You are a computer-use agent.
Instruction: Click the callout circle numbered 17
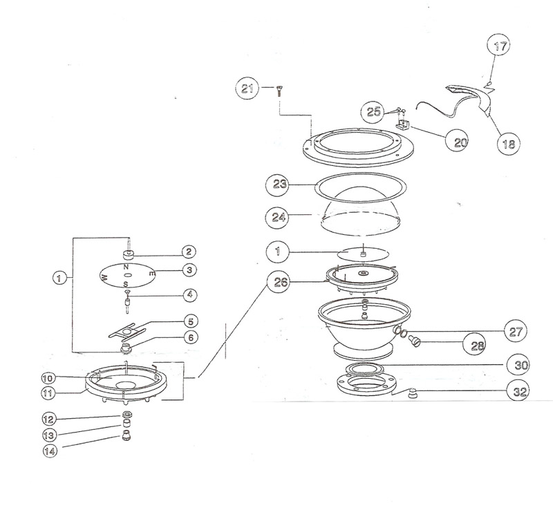500,48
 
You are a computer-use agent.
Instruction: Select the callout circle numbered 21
246,88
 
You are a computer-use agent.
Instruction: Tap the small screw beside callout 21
279,89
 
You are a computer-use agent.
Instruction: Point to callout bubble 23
279,185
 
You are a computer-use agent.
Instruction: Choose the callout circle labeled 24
279,216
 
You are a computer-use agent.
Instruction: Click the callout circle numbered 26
279,282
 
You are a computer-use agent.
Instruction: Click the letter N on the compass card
126,266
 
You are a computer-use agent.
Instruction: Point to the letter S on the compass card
126,284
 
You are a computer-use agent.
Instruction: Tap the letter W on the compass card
104,278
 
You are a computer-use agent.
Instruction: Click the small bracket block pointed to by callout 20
404,125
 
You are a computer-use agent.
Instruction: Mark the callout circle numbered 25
374,111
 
